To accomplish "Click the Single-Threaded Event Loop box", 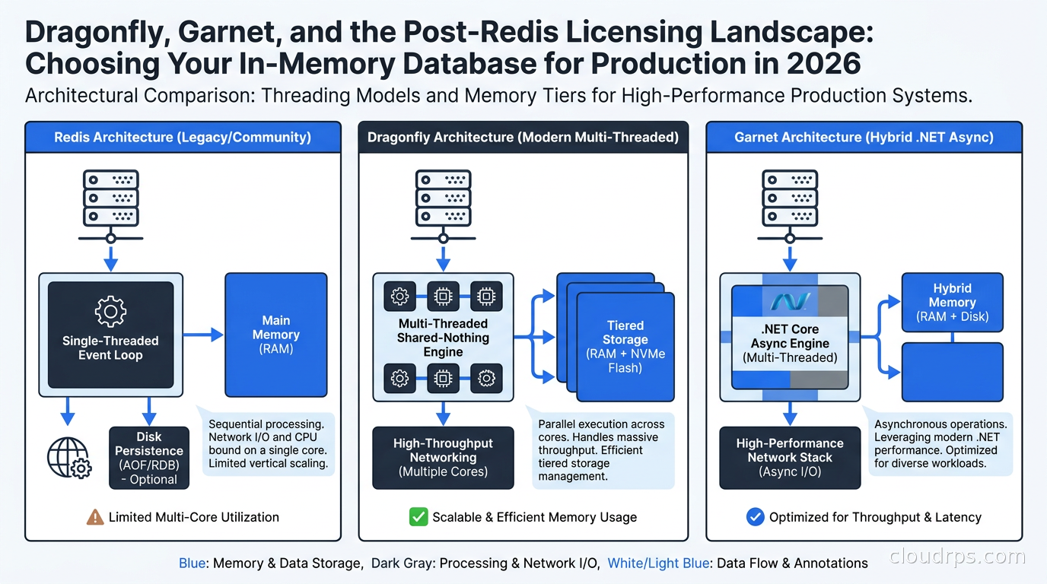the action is (111, 335).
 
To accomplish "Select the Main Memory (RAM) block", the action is (275, 335).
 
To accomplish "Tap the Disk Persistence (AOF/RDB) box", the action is (149, 458).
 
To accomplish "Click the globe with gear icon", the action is (69, 458).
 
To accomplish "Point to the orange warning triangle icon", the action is (95, 517).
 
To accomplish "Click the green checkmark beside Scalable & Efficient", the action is (418, 517).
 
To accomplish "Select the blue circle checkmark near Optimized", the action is (755, 517).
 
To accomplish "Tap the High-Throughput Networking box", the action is (443, 458).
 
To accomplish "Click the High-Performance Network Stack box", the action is (790, 458).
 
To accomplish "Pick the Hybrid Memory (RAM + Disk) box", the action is (952, 303).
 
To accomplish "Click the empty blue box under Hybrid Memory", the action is (952, 372).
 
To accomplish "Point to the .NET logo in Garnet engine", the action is (790, 302).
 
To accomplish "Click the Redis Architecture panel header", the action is (183, 137).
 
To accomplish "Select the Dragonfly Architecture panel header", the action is (523, 137).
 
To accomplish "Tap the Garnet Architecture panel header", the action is (864, 137).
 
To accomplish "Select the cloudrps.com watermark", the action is (957, 557).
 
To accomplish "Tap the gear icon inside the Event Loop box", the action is (111, 311).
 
